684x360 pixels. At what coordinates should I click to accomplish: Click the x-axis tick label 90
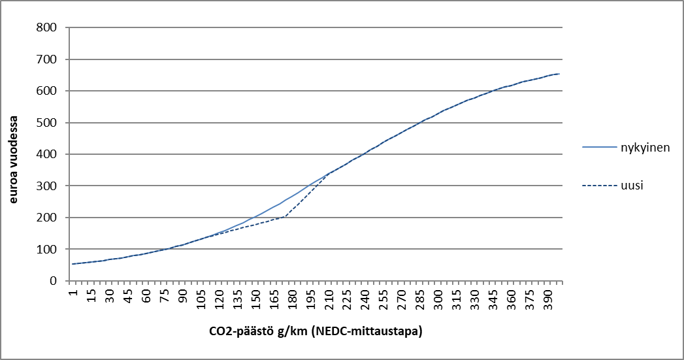(x=183, y=295)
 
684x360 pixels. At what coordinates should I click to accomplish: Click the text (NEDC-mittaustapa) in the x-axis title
(x=367, y=332)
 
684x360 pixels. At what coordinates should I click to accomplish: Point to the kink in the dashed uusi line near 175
(x=285, y=216)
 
